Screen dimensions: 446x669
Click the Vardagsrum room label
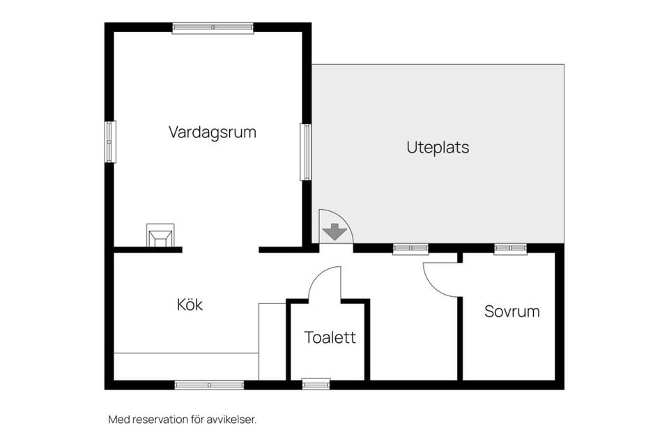coord(212,132)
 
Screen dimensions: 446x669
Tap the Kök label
coord(190,305)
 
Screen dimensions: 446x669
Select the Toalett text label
coord(330,337)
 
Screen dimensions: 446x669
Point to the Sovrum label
coord(512,312)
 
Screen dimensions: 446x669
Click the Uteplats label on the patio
coord(438,148)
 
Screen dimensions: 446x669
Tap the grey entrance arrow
coord(335,231)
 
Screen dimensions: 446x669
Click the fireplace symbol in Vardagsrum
coord(160,235)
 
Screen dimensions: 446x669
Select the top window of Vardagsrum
coord(213,28)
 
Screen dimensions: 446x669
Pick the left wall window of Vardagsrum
coord(110,141)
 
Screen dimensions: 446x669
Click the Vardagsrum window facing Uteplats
coord(305,151)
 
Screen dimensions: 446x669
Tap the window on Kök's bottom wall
coord(209,385)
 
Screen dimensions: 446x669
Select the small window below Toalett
coord(316,384)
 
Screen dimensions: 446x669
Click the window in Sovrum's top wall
coord(510,248)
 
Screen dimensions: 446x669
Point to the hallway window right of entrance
coord(410,248)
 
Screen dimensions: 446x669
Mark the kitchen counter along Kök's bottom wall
coord(185,366)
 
